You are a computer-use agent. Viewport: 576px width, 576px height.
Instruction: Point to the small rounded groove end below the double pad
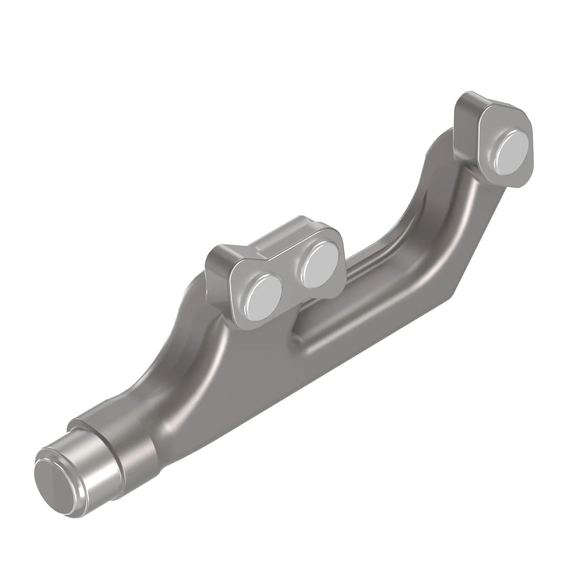click(297, 337)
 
